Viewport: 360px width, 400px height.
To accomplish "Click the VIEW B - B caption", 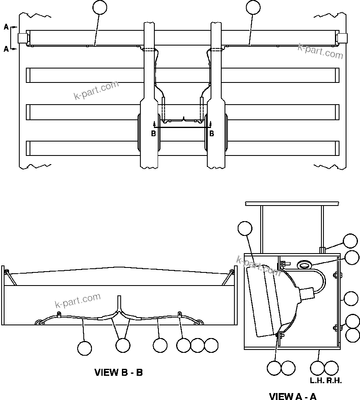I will tap(119, 373).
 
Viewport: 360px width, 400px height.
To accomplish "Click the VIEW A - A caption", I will tap(293, 396).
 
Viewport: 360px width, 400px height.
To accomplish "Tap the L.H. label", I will tap(317, 380).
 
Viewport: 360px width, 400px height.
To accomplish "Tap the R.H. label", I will tap(335, 380).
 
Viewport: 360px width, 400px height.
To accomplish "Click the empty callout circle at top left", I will tap(100, 7).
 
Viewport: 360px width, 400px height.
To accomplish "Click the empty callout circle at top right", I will tap(253, 7).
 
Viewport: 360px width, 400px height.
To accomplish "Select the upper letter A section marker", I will tap(6, 27).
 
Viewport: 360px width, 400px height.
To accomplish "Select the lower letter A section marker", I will tap(6, 49).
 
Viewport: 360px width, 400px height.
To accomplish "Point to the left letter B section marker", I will tap(154, 133).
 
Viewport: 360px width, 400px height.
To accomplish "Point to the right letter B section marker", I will tap(211, 133).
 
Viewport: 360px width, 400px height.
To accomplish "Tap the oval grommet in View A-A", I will tap(304, 266).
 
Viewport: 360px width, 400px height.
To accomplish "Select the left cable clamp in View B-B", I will tap(59, 315).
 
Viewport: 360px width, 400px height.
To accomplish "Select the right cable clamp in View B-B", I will tap(180, 315).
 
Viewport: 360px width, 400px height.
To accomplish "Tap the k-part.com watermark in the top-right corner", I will tap(321, 51).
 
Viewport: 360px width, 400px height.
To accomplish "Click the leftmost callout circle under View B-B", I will tap(85, 348).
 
